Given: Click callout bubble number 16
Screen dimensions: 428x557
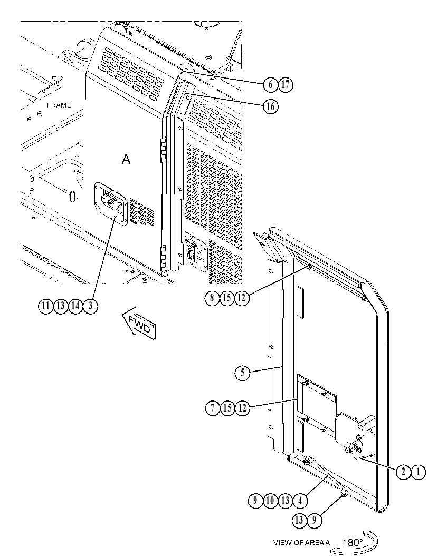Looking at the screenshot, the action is point(270,106).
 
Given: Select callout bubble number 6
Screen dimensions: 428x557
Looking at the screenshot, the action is point(270,84).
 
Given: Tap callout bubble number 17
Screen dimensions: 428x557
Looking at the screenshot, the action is point(286,84).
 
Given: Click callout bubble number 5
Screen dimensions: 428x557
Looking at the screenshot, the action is point(243,373).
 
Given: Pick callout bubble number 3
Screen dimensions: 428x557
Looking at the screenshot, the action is point(90,306).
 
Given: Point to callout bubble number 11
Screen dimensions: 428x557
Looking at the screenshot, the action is point(45,306).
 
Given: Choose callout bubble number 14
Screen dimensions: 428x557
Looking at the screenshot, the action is point(75,306).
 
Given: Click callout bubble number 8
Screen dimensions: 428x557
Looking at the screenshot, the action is point(212,298).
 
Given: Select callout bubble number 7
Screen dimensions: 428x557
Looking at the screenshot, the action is point(213,408).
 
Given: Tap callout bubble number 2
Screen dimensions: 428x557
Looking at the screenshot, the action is point(403,472).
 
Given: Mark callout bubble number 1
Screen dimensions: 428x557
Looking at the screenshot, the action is point(419,472).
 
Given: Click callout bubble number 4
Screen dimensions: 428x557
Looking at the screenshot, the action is point(300,501).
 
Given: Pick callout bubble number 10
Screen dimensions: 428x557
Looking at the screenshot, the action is point(270,501).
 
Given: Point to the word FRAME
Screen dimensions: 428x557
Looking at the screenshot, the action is point(59,105).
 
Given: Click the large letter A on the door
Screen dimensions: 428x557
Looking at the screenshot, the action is point(126,160).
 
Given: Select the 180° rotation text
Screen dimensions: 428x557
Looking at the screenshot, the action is point(352,542).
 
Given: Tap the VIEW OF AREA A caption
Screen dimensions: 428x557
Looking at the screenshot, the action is point(301,543).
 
